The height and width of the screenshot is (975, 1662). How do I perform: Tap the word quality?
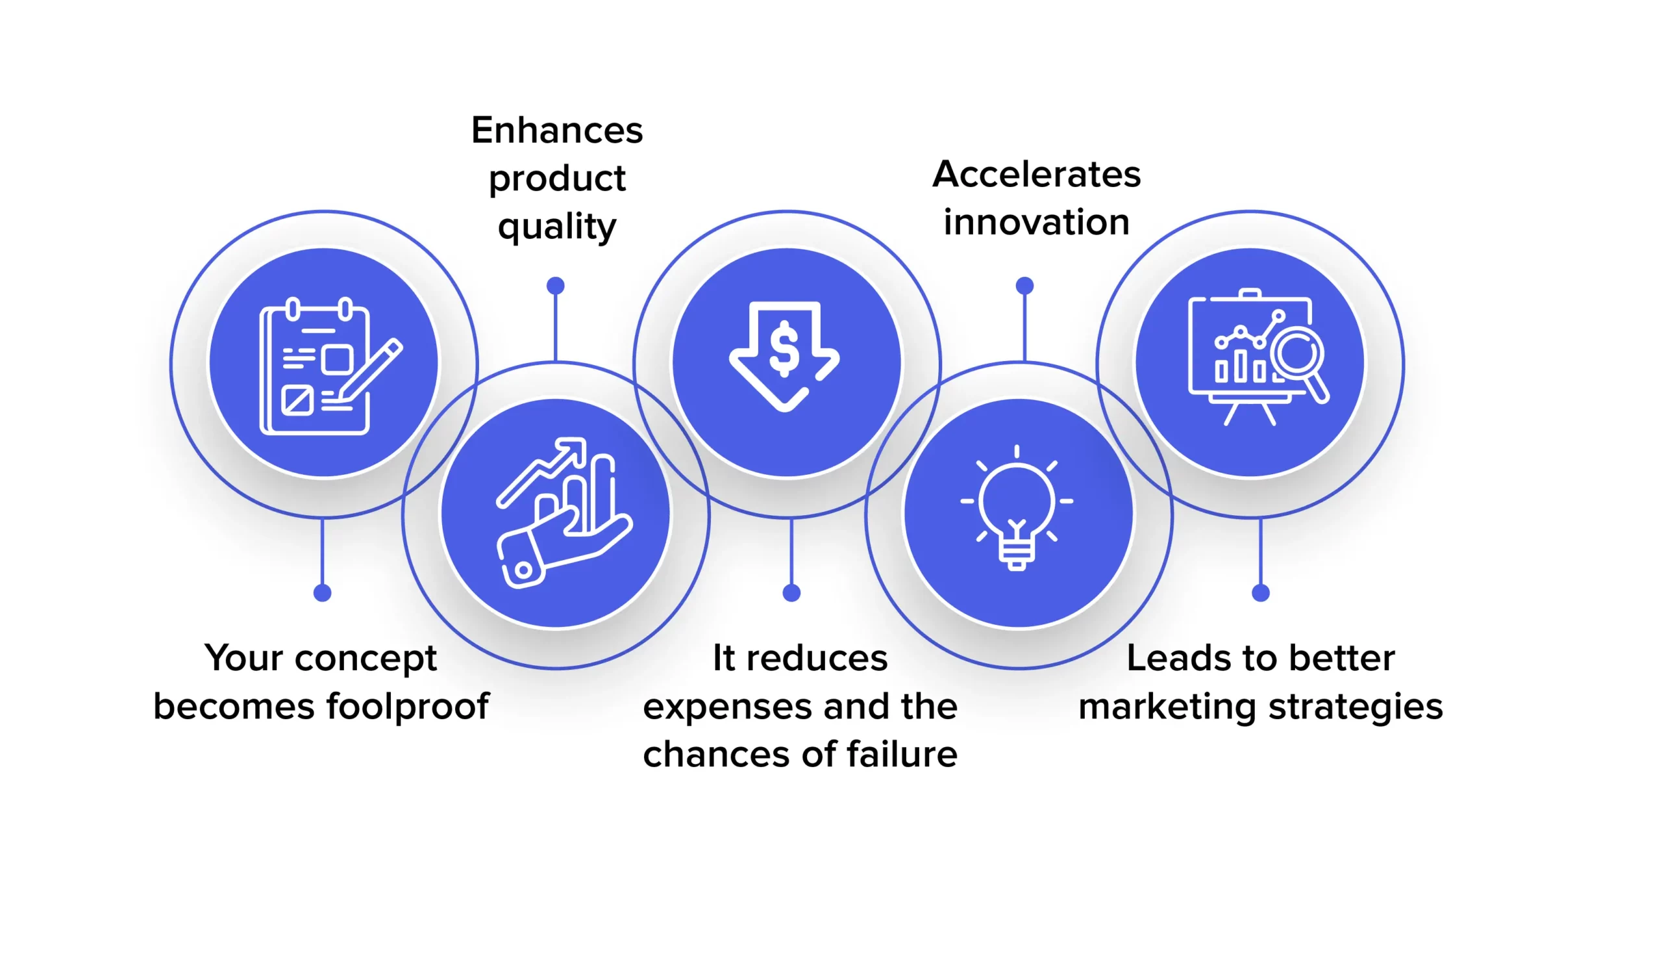coord(556,227)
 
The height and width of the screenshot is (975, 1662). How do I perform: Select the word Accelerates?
coord(1036,174)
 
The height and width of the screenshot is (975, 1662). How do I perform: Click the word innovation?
coord(1036,222)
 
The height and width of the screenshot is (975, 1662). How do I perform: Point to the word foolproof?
coord(408,707)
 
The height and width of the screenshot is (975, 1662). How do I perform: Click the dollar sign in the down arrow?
coord(784,348)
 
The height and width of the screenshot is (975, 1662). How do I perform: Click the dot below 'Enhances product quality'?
coord(555,286)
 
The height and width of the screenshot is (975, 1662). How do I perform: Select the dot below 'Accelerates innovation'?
coord(1024,286)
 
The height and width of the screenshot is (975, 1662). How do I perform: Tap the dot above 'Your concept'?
coord(322,592)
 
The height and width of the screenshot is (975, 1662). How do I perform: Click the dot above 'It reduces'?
coord(791,592)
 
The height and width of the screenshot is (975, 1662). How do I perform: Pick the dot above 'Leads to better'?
coord(1260,592)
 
